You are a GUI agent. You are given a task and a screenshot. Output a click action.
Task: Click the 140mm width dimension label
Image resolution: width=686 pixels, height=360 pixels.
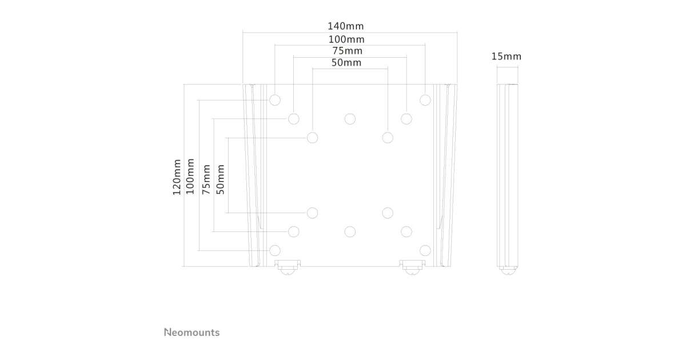(345, 26)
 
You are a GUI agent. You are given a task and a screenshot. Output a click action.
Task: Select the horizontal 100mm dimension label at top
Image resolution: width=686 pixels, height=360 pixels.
(346, 39)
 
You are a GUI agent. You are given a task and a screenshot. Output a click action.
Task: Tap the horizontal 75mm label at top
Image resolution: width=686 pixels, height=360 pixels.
(347, 51)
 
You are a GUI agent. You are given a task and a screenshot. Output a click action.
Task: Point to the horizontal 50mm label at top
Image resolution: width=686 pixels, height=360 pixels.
(346, 63)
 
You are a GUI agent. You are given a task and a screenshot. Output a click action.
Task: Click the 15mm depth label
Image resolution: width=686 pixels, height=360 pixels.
(506, 57)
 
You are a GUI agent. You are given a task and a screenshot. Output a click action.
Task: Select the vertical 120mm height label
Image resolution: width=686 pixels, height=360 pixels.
(177, 177)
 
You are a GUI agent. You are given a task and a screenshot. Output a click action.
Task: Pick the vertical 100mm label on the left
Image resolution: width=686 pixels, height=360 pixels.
(190, 177)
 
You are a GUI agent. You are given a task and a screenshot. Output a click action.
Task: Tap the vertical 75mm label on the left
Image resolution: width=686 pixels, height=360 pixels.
(206, 179)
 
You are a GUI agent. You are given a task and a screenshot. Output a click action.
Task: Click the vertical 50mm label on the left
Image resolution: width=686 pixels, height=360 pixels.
(221, 179)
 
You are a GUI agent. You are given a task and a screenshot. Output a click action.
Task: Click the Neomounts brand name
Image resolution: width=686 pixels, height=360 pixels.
(192, 332)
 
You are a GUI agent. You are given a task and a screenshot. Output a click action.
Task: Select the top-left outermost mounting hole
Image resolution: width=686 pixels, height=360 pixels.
(274, 100)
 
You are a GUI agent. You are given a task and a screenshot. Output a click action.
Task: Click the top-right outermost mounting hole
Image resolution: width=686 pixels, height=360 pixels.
(425, 100)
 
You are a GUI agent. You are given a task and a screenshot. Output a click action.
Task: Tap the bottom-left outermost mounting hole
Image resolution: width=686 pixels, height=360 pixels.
(274, 250)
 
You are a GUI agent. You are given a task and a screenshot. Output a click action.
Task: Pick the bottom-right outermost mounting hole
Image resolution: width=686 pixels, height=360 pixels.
(425, 250)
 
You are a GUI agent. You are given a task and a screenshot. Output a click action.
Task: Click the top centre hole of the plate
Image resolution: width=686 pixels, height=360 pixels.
(350, 119)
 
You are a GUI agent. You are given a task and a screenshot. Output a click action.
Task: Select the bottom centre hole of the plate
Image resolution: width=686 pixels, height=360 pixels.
(350, 231)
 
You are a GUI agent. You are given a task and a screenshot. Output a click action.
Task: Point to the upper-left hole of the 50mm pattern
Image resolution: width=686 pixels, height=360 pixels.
(312, 138)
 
